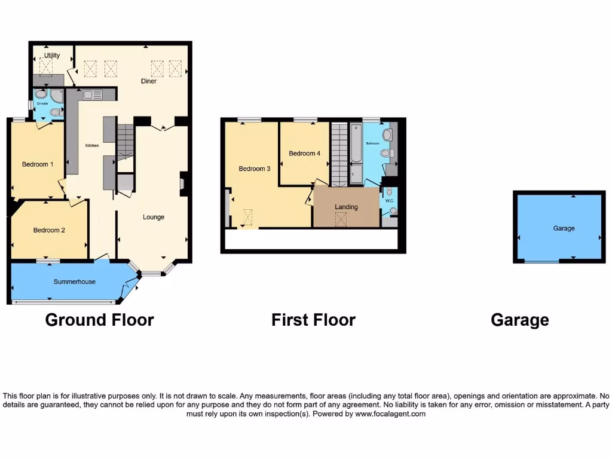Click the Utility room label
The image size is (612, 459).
click(x=52, y=56)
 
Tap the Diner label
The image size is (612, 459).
click(x=149, y=81)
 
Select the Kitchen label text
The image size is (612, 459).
click(x=91, y=145)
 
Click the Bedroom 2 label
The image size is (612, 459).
click(x=49, y=230)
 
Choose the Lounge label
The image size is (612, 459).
click(x=154, y=217)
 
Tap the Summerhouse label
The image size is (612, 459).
click(x=75, y=281)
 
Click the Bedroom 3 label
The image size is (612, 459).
click(x=255, y=169)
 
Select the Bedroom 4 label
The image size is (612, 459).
click(x=305, y=154)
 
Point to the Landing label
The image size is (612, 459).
click(x=346, y=207)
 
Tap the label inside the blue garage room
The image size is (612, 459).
click(x=564, y=228)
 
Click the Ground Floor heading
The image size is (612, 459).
click(x=99, y=320)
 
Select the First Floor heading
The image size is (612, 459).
click(x=313, y=320)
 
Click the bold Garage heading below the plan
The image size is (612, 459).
click(x=519, y=320)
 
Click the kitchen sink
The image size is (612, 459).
click(x=93, y=94)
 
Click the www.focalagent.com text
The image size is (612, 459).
click(x=390, y=414)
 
